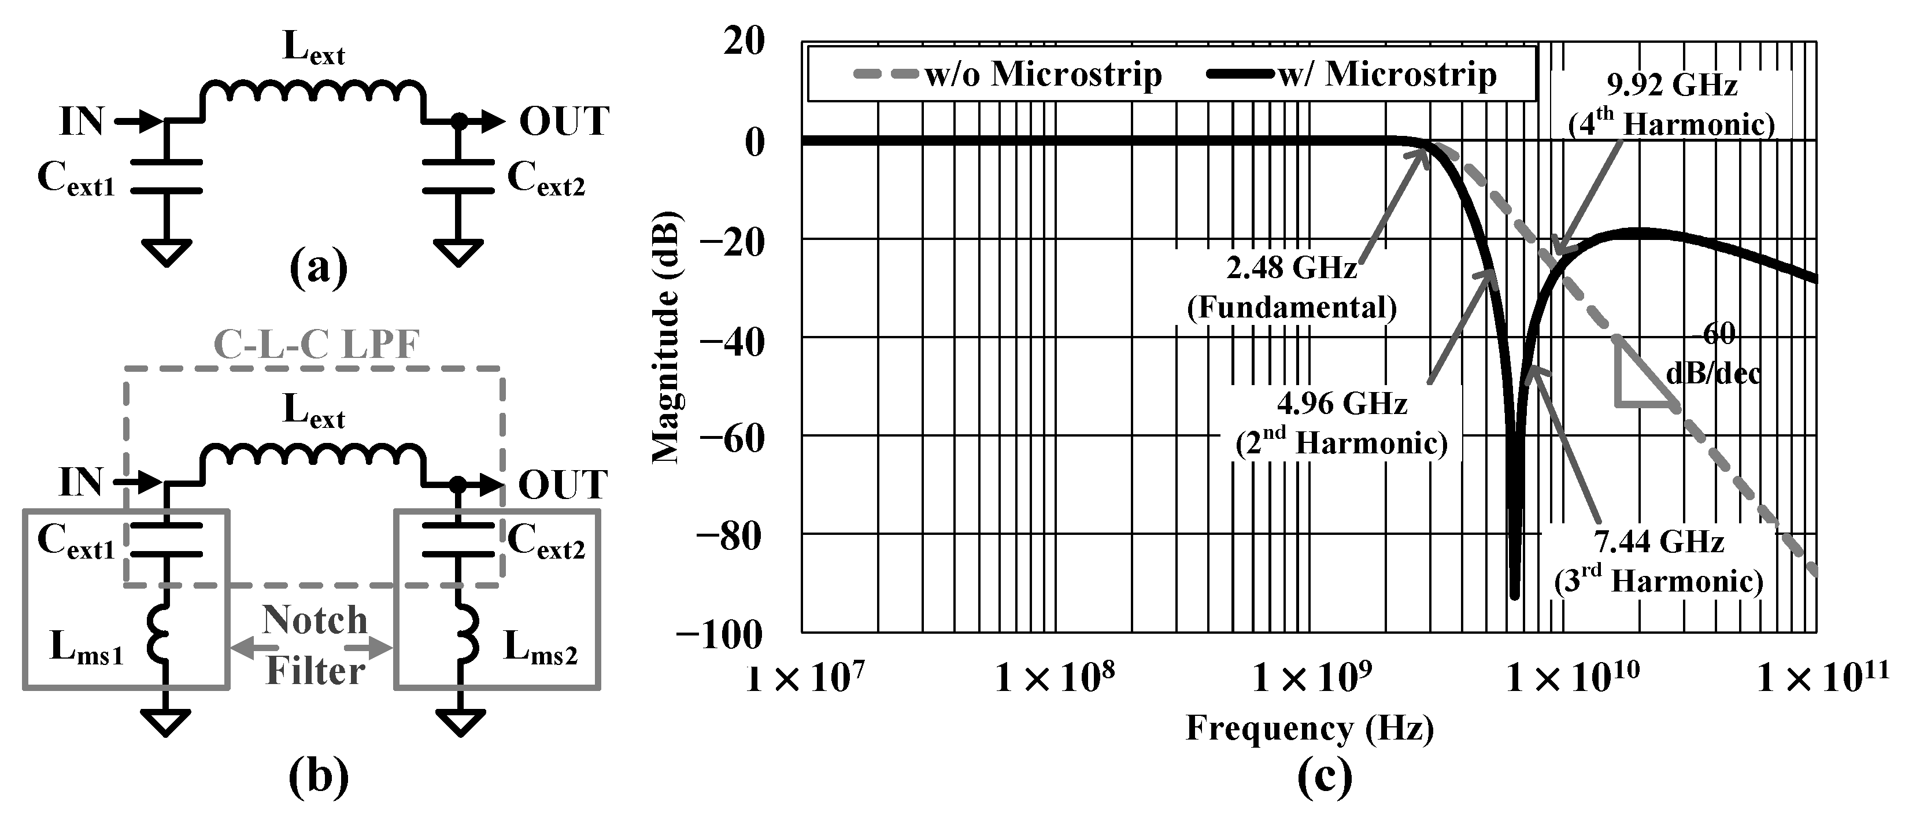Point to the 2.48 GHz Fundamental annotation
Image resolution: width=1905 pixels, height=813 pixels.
(x=1292, y=287)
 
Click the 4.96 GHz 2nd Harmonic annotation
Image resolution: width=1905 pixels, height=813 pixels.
(x=1341, y=423)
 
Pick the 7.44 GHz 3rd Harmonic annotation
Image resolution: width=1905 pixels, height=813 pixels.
(x=1659, y=561)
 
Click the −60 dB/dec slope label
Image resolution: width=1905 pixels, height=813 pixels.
(x=1712, y=354)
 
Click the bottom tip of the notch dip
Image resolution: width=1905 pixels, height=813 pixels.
(x=1515, y=596)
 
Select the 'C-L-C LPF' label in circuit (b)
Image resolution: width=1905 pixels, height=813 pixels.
(x=316, y=345)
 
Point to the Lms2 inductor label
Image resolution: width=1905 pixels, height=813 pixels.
(x=540, y=648)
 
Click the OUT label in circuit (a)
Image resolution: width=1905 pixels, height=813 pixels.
(x=564, y=121)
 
